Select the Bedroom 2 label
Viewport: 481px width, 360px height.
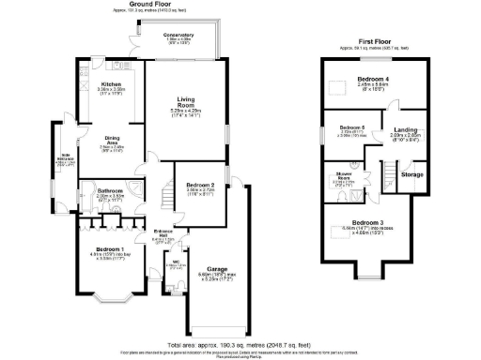click(201, 186)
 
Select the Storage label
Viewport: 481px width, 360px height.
click(411, 174)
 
